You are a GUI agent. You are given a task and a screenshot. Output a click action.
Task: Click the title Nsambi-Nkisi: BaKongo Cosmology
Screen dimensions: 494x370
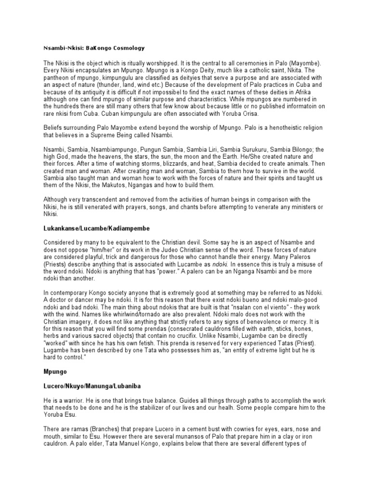94,49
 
